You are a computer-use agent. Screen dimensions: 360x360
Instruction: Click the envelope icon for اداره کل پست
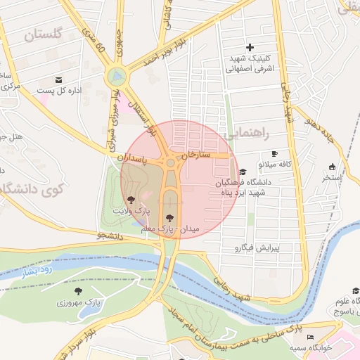[58, 79]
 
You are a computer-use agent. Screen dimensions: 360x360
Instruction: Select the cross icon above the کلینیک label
[250, 46]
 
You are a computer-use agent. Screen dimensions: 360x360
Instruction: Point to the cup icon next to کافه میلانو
[274, 153]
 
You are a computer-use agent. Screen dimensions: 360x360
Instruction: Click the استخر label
[331, 178]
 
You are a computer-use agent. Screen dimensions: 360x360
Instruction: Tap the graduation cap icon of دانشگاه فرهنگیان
[243, 172]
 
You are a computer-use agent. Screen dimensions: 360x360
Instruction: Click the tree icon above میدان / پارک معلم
[169, 218]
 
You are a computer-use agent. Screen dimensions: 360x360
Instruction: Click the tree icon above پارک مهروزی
[77, 291]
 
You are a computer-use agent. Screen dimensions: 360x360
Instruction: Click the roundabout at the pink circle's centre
[170, 163]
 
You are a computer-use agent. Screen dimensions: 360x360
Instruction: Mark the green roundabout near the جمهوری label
[116, 76]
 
